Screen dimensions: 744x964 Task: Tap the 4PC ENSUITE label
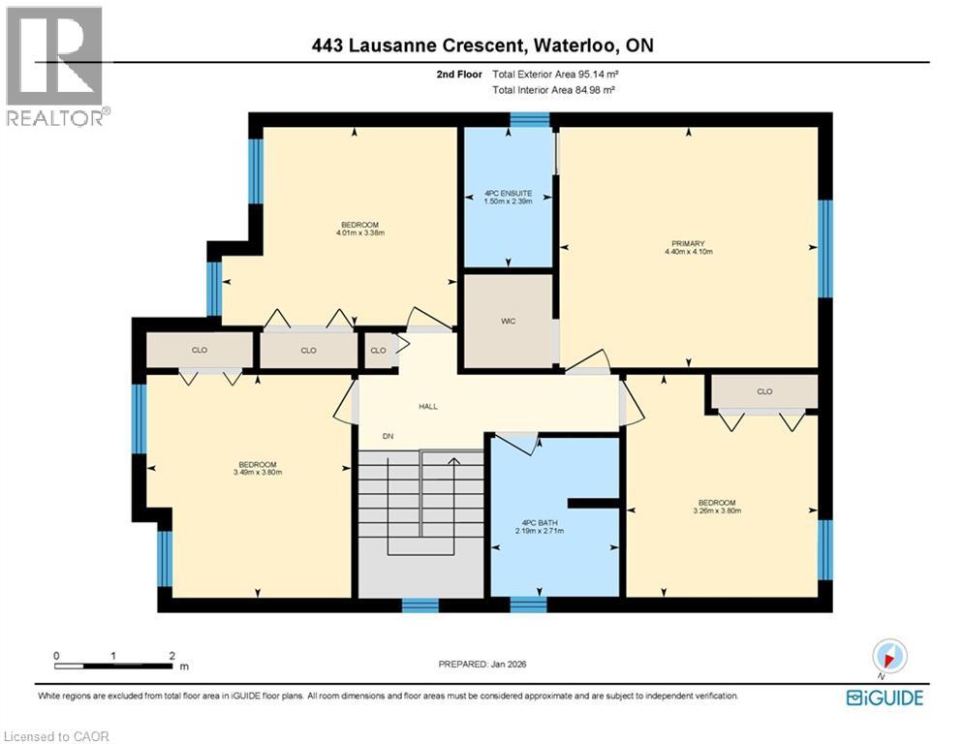click(508, 194)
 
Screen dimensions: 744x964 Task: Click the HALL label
click(428, 407)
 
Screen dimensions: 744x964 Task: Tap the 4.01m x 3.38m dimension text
click(353, 232)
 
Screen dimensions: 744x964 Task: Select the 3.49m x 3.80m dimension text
click(257, 473)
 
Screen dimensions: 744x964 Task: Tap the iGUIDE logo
click(885, 697)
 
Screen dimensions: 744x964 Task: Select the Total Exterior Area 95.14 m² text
click(554, 74)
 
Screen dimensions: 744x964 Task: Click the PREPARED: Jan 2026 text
click(482, 664)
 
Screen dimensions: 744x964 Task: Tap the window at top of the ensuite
click(530, 120)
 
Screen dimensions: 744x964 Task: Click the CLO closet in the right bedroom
click(764, 392)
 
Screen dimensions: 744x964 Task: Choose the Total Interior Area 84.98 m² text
click(554, 89)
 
